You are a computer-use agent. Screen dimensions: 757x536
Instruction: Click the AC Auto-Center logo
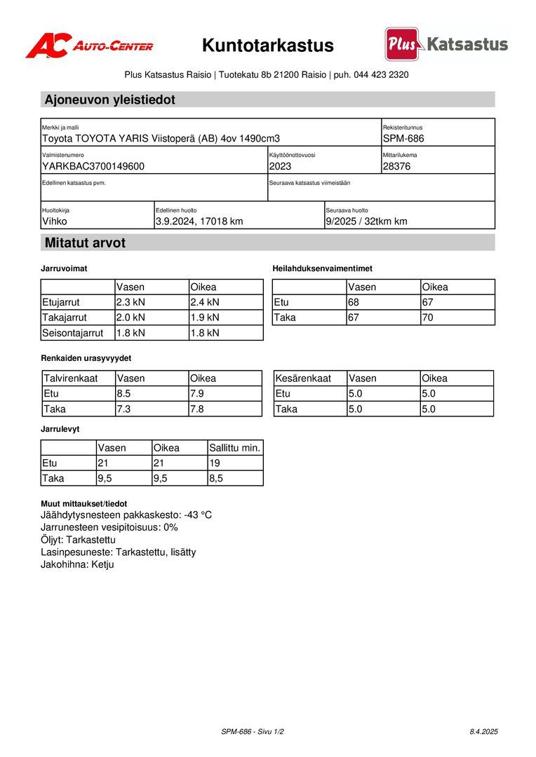(89, 46)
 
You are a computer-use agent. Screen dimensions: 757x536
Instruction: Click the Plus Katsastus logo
(446, 45)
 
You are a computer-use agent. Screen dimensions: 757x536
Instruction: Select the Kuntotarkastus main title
(268, 46)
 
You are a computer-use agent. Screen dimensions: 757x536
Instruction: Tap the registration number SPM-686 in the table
(403, 139)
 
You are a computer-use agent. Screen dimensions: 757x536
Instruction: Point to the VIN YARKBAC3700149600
(93, 166)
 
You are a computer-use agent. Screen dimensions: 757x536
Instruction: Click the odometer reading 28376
(397, 166)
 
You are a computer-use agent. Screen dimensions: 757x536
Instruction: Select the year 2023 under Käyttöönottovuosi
(280, 166)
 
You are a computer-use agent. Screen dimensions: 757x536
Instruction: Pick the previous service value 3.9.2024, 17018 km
(199, 221)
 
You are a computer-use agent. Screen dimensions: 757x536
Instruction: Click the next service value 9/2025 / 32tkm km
(366, 221)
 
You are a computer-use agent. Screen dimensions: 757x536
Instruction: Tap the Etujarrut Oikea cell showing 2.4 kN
(205, 302)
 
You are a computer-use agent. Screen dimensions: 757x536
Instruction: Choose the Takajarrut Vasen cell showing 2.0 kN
(130, 318)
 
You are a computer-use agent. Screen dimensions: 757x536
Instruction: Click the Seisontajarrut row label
(73, 333)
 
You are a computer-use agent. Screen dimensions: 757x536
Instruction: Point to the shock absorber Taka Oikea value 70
(428, 318)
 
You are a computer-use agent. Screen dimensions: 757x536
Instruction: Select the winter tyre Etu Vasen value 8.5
(124, 393)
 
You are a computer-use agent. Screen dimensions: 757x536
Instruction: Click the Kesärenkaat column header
(303, 378)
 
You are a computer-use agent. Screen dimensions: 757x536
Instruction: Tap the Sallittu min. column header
(235, 448)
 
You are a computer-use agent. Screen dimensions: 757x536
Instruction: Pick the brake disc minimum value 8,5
(216, 479)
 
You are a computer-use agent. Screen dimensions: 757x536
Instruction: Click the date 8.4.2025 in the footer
(483, 732)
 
